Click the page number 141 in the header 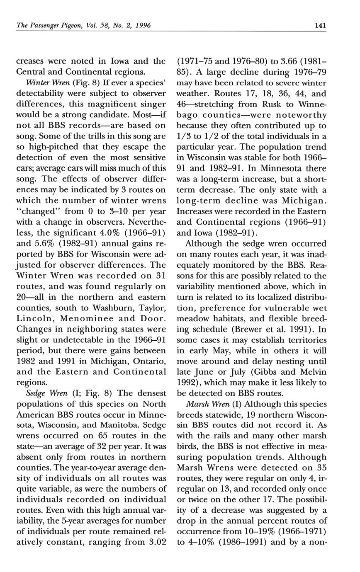point(320,25)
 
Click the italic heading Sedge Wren point(43,393)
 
